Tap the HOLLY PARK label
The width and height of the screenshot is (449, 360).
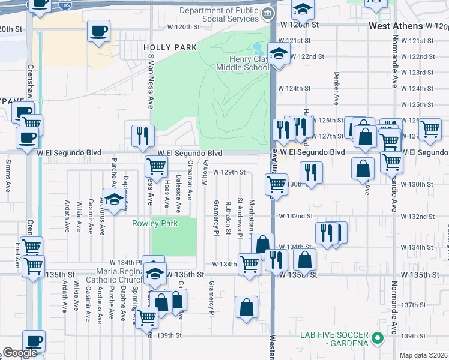pyautogui.click(x=170, y=47)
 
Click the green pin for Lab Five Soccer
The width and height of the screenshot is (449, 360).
pyautogui.click(x=377, y=338)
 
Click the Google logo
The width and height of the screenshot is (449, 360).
pyautogui.click(x=20, y=353)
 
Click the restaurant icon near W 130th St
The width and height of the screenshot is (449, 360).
pyautogui.click(x=311, y=172)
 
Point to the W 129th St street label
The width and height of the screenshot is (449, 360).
pyautogui.click(x=229, y=172)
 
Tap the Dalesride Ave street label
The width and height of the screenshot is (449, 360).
pyautogui.click(x=178, y=193)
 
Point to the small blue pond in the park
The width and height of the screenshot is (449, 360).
pyautogui.click(x=258, y=47)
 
